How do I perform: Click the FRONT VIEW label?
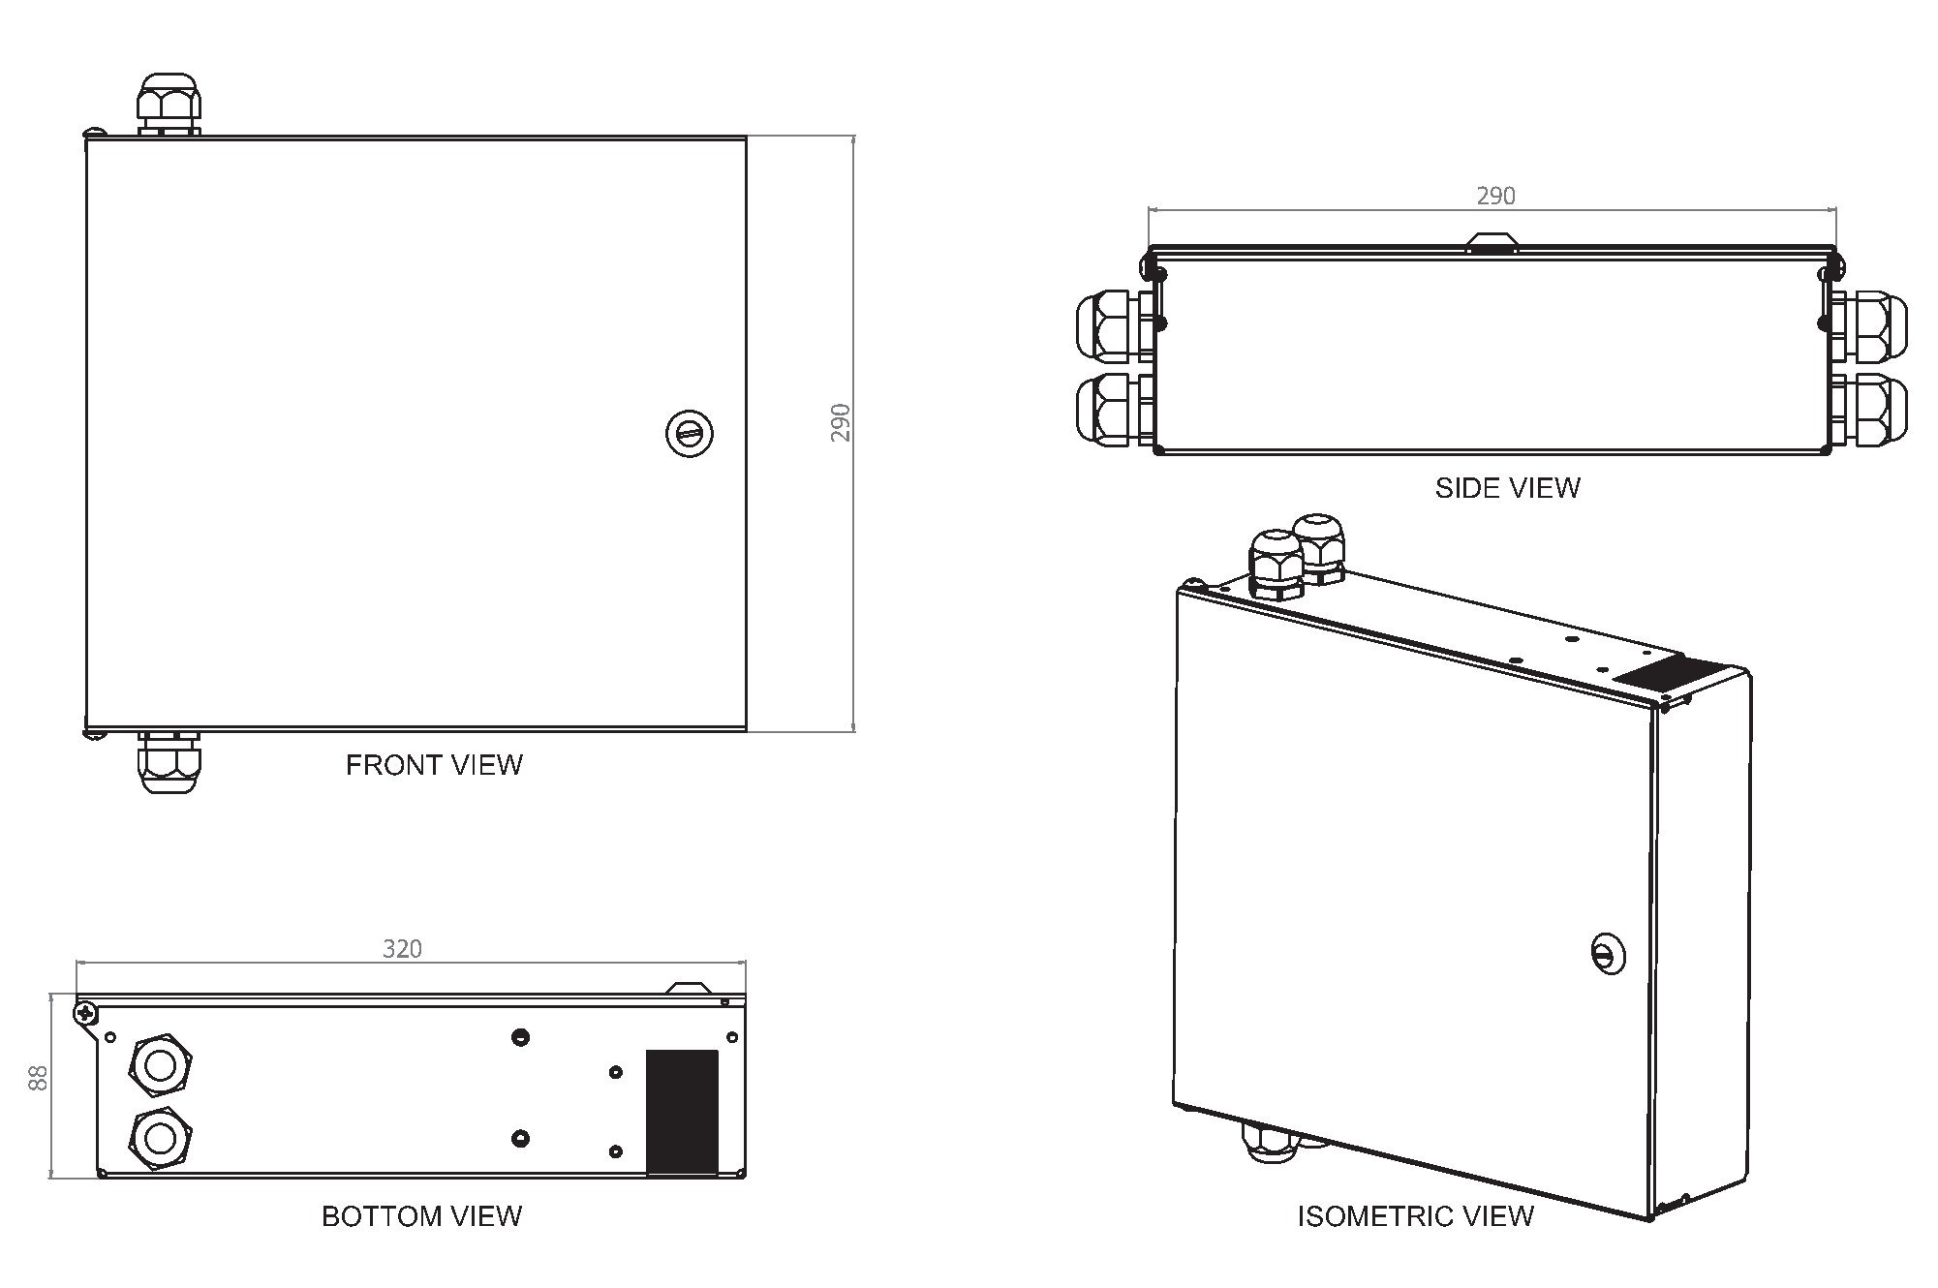click(x=434, y=765)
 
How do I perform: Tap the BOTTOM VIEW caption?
click(x=421, y=1216)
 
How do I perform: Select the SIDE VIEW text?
click(x=1507, y=487)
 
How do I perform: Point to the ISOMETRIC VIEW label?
click(x=1415, y=1216)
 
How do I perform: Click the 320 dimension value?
click(x=402, y=949)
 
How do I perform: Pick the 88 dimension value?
click(x=38, y=1078)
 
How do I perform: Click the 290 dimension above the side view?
click(x=1495, y=196)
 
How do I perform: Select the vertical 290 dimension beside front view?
click(x=841, y=423)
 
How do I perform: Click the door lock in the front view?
click(x=690, y=433)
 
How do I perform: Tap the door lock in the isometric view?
click(x=1608, y=955)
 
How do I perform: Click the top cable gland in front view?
click(x=169, y=105)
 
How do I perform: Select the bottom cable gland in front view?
click(x=169, y=761)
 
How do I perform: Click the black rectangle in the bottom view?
click(x=682, y=1112)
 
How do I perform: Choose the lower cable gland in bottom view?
click(x=160, y=1136)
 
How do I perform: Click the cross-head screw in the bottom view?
click(x=86, y=1013)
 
